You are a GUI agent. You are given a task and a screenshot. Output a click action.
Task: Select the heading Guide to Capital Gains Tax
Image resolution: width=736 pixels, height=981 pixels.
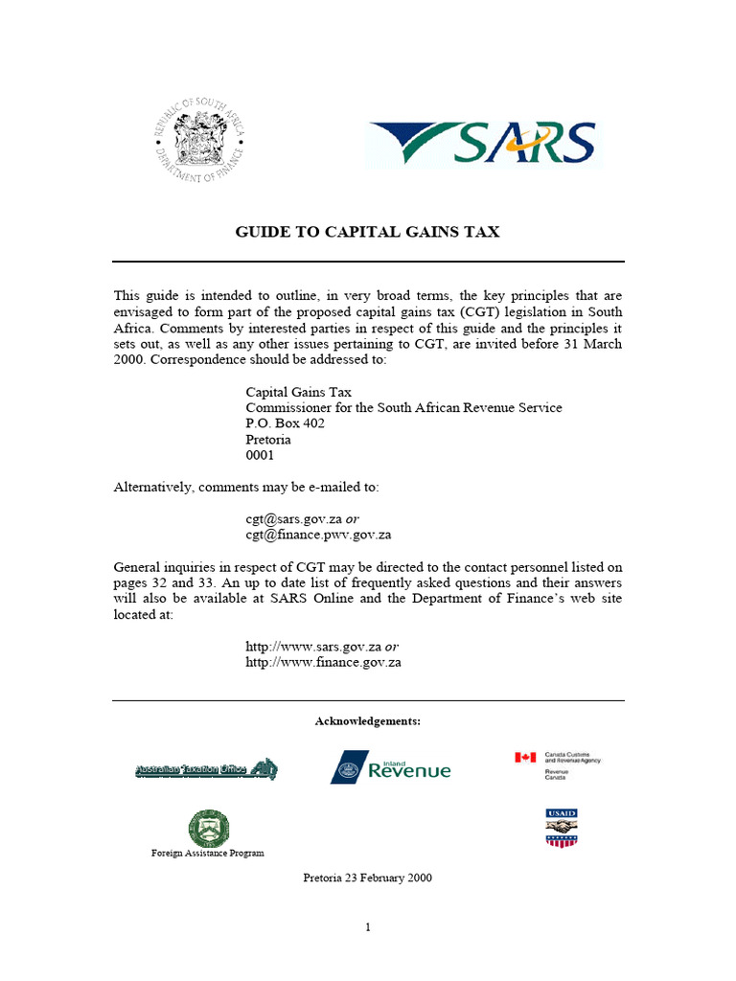click(368, 232)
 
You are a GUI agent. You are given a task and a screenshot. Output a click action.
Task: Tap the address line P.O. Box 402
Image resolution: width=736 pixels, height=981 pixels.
click(285, 423)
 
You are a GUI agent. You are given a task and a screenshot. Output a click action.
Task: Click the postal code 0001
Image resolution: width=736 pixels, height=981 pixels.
click(260, 456)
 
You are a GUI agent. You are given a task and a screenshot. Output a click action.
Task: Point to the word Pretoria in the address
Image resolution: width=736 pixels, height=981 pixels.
click(268, 440)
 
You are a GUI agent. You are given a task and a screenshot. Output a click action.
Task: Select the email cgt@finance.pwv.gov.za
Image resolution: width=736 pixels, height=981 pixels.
click(318, 535)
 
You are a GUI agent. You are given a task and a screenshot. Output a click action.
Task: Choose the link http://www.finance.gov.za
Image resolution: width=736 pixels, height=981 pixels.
click(323, 662)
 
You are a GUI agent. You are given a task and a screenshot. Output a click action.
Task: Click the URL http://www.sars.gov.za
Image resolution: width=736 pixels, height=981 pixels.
click(314, 646)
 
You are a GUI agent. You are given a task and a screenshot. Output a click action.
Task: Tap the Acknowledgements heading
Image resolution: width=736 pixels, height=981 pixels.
click(368, 720)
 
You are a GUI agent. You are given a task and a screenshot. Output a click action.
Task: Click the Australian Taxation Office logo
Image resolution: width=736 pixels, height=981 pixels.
click(205, 769)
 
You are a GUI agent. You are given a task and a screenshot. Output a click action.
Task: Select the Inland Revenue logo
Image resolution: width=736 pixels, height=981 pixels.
click(390, 767)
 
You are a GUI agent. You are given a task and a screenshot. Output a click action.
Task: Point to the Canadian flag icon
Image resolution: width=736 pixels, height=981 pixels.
click(525, 758)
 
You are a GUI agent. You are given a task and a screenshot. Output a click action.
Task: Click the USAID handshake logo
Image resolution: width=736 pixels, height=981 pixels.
click(562, 827)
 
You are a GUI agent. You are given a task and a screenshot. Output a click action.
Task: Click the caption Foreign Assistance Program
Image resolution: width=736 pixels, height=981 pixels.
click(208, 853)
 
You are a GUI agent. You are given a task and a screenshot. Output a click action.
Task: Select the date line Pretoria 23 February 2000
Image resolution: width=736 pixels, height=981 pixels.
click(368, 878)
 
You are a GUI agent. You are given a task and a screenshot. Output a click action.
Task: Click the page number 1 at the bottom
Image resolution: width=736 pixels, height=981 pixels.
click(367, 926)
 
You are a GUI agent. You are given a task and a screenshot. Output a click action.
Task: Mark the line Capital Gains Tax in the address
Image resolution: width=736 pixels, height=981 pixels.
click(298, 391)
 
